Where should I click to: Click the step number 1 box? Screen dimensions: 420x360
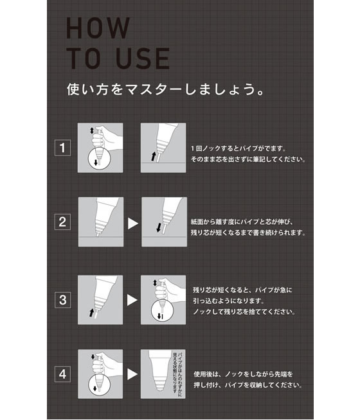(62, 148)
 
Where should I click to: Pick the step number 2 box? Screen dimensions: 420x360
(62, 223)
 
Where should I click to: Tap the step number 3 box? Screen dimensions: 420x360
(62, 299)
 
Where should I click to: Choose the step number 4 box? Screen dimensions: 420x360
(62, 374)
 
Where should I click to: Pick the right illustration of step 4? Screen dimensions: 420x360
(163, 374)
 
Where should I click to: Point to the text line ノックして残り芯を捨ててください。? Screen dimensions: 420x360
(244, 311)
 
